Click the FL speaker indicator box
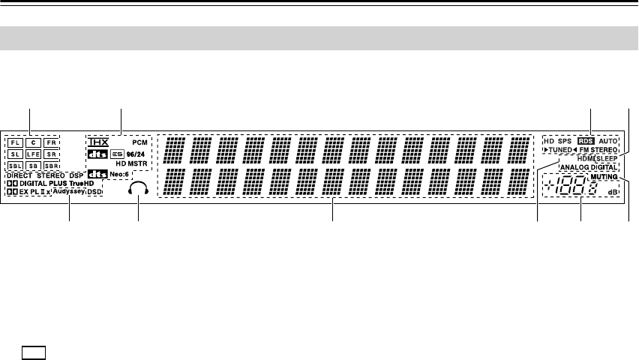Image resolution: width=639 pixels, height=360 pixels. (15, 142)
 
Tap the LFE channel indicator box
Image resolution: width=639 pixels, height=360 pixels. (33, 154)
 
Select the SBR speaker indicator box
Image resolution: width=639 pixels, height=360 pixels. (51, 166)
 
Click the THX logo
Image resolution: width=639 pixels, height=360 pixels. (98, 141)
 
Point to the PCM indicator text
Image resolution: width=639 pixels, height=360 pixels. (139, 141)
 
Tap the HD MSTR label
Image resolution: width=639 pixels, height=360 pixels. (130, 163)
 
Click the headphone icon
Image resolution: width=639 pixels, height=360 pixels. (138, 190)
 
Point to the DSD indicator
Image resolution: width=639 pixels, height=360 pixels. (94, 191)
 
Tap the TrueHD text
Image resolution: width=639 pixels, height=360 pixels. (82, 183)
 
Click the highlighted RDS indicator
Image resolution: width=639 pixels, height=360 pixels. (585, 140)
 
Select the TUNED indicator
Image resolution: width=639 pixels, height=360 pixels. (557, 150)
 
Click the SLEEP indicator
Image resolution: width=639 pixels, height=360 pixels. (607, 160)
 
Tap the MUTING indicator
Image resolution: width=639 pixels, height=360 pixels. (604, 177)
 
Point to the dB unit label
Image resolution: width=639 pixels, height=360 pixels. (613, 193)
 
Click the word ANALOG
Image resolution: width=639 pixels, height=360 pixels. (574, 168)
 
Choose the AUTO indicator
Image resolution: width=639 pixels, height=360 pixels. (608, 140)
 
